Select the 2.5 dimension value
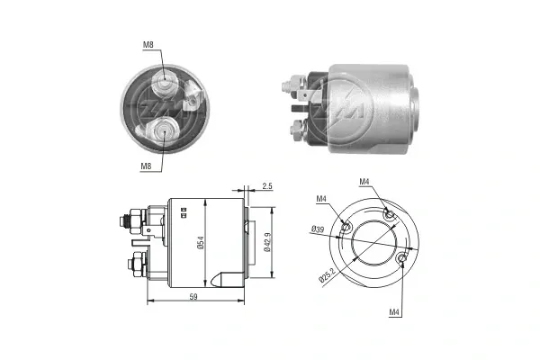tap(266, 186)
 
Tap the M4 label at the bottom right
tap(395, 312)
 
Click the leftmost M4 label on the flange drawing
tap(322, 199)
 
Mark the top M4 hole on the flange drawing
tap(389, 213)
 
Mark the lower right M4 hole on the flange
tap(401, 260)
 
